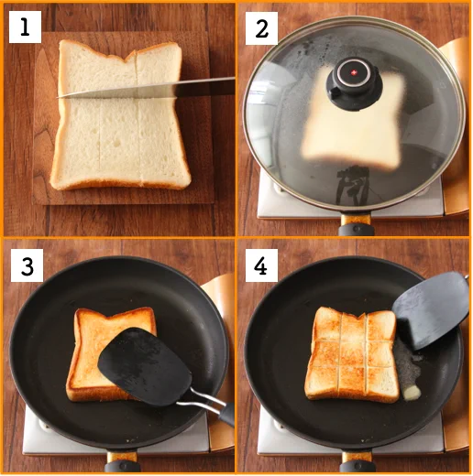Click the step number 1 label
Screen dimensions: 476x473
click(x=25, y=28)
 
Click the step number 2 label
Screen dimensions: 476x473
click(x=262, y=28)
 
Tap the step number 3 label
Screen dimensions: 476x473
click(x=25, y=266)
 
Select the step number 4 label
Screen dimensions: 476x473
click(x=262, y=266)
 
